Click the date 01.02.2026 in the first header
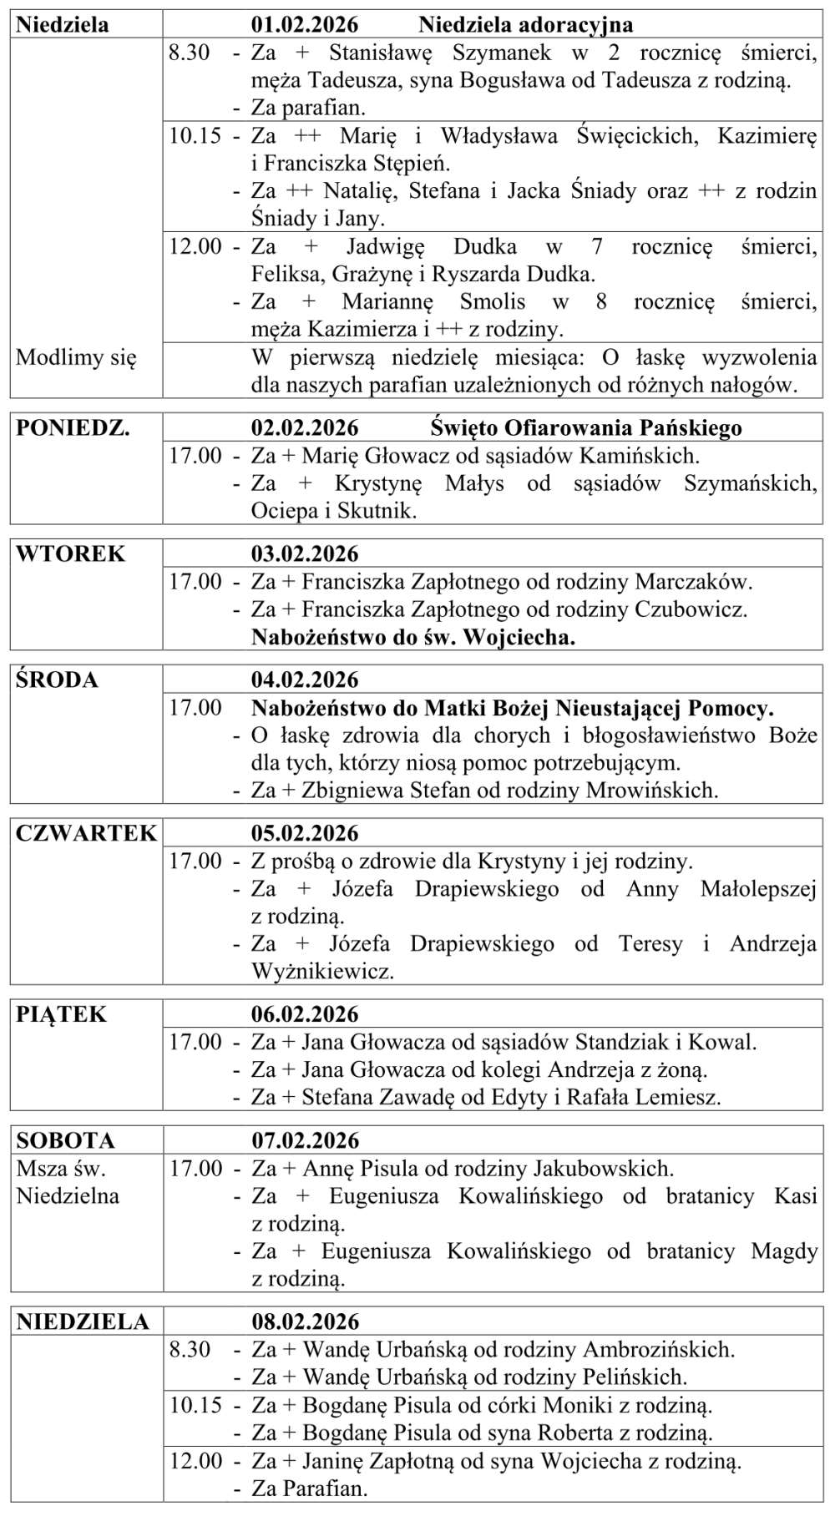coord(305,25)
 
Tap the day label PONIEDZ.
coord(73,428)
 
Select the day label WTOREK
coord(70,554)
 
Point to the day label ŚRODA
coord(57,680)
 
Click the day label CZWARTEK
coord(86,834)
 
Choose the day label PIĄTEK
coord(62,1015)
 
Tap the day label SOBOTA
coord(65,1141)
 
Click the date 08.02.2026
coord(305,1322)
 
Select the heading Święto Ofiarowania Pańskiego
coord(586,428)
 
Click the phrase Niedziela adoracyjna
coord(525,25)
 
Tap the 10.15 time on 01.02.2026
coord(195,136)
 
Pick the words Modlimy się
coord(75,358)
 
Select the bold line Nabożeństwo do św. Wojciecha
coord(413,638)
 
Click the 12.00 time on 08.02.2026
coord(195,1461)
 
